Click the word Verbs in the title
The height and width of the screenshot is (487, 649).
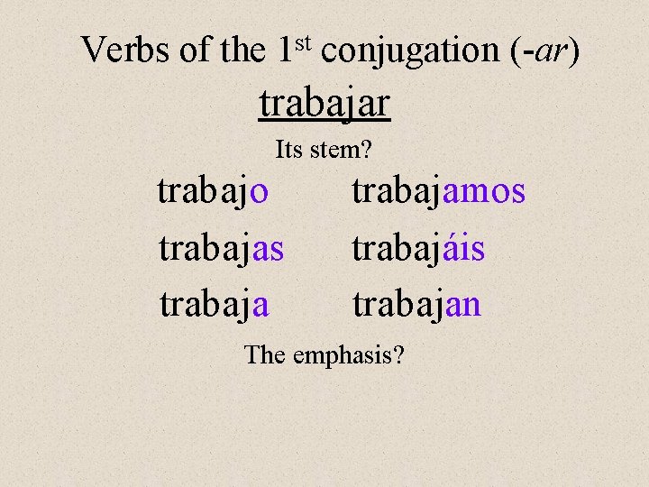(126, 51)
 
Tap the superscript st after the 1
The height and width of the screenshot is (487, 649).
(302, 41)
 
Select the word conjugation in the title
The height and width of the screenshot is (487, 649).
(407, 51)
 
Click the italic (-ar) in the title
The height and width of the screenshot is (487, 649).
(541, 51)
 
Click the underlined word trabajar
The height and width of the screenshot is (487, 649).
(324, 105)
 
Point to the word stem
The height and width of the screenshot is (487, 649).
(335, 150)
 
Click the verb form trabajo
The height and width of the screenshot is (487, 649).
(213, 192)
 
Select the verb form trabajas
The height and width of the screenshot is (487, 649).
(221, 249)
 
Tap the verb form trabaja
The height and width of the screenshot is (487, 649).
(214, 305)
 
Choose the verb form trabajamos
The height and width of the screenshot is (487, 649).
(438, 192)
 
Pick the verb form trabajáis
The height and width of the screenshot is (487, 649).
(418, 249)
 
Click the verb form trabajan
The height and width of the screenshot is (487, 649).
(416, 305)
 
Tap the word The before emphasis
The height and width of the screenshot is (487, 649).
(264, 354)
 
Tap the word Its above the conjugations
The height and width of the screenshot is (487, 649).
(288, 150)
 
